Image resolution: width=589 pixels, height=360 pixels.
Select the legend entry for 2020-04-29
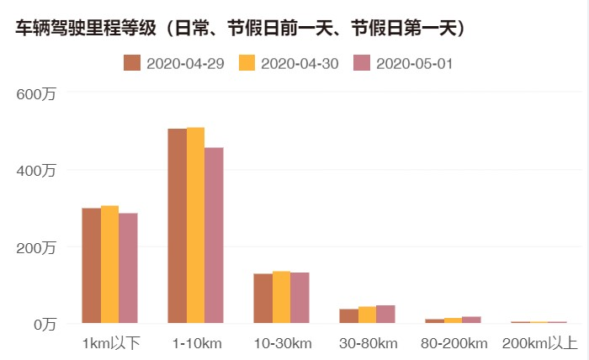click(x=174, y=64)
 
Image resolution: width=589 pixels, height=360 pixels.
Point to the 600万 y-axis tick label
click(x=38, y=93)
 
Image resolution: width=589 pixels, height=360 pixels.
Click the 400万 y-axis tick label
click(x=38, y=170)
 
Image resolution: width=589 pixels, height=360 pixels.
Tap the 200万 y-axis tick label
click(x=38, y=247)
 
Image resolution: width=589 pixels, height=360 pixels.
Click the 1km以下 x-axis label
click(x=110, y=343)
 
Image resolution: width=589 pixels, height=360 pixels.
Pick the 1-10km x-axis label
click(x=196, y=343)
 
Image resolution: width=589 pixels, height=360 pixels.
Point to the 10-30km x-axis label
click(x=282, y=343)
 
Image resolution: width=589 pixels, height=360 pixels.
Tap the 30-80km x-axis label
click(x=368, y=343)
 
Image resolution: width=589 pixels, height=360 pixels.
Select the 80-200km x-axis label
click(x=454, y=343)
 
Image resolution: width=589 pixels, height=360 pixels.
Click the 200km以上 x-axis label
click(x=539, y=343)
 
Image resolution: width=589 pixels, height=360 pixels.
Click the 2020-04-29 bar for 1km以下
click(x=91, y=266)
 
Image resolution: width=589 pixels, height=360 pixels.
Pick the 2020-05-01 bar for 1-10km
click(x=215, y=236)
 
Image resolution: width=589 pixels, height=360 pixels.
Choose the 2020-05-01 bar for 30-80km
click(x=385, y=315)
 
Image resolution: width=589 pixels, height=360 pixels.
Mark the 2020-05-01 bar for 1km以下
click(x=128, y=268)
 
